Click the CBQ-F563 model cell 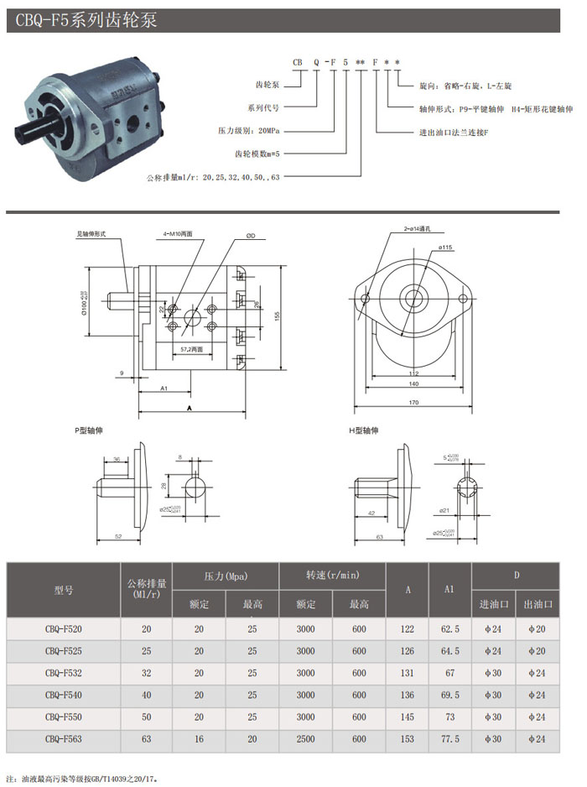pyautogui.click(x=64, y=738)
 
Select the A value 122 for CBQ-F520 pyautogui.click(x=408, y=629)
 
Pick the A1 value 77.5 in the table pyautogui.click(x=450, y=738)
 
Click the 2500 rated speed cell pyautogui.click(x=306, y=738)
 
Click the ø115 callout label pyautogui.click(x=445, y=248)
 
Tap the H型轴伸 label pyautogui.click(x=364, y=430)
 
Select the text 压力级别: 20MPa pyautogui.click(x=248, y=131)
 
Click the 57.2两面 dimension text pyautogui.click(x=192, y=347)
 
